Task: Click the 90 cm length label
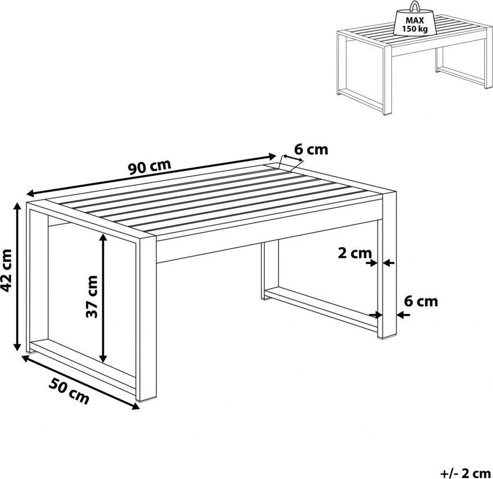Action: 150,167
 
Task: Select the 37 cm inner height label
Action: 92,297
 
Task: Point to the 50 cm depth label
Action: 69,391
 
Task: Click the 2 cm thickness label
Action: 354,253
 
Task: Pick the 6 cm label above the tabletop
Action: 311,149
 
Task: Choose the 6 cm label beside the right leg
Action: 421,301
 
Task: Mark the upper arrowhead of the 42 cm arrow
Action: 17,206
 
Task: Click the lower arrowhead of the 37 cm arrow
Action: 103,359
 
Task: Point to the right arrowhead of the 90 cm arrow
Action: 272,156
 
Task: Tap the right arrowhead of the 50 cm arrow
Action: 136,407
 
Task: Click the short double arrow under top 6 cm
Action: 293,158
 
